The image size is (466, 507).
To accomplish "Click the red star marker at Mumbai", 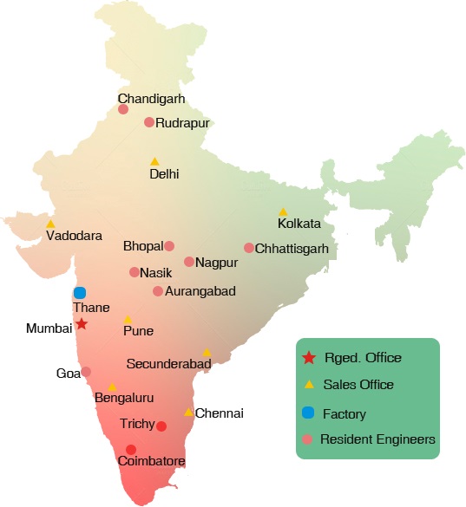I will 81,324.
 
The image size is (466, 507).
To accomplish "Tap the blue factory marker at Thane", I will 80,293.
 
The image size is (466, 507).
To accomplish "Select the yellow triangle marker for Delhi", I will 154,161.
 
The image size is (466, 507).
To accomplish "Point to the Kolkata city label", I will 299,224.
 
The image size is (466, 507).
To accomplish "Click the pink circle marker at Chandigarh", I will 123,109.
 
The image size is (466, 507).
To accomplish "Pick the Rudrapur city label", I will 183,123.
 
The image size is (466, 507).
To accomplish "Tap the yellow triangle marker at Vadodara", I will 50,224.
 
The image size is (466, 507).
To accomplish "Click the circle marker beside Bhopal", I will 169,246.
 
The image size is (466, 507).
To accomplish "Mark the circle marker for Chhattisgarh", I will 249,248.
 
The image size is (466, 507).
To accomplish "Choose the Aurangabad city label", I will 200,291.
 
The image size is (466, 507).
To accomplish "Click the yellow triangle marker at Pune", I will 128,320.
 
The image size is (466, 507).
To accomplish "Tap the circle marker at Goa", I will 86,372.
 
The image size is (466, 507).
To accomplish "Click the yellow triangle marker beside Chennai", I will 188,413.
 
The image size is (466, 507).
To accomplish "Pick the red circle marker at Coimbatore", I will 130,449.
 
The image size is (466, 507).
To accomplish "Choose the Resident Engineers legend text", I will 377,440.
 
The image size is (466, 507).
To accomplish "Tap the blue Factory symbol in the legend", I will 307,413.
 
